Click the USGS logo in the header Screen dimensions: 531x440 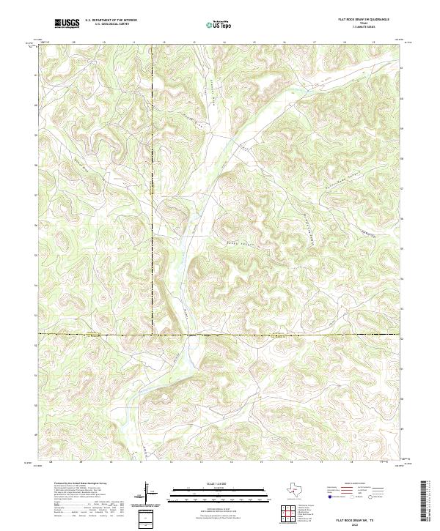click(66, 23)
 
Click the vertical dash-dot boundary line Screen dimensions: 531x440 click(153, 220)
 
